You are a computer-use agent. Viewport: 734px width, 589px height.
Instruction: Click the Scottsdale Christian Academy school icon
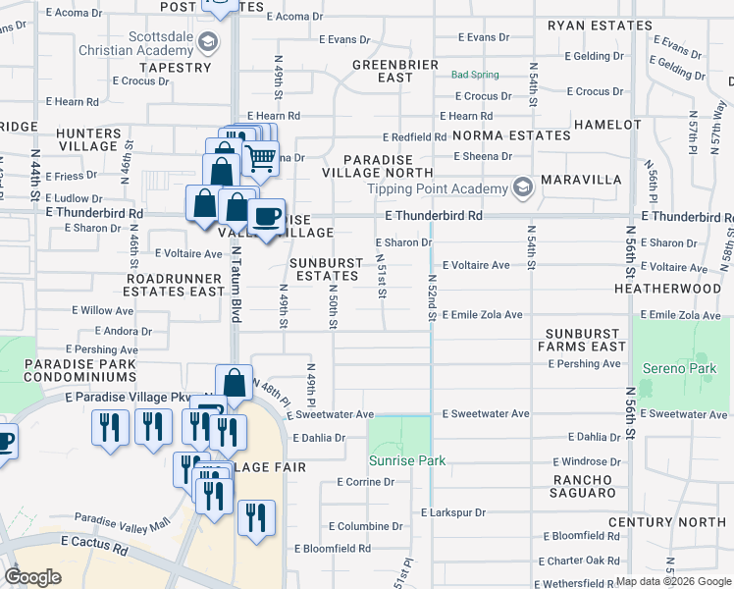pos(207,41)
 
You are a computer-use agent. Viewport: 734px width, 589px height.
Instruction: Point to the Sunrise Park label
pos(406,460)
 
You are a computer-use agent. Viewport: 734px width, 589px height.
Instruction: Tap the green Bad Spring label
pos(475,75)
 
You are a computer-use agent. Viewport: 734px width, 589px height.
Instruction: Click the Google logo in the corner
pos(32,577)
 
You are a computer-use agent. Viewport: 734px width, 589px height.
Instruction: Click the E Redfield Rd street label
pos(414,137)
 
